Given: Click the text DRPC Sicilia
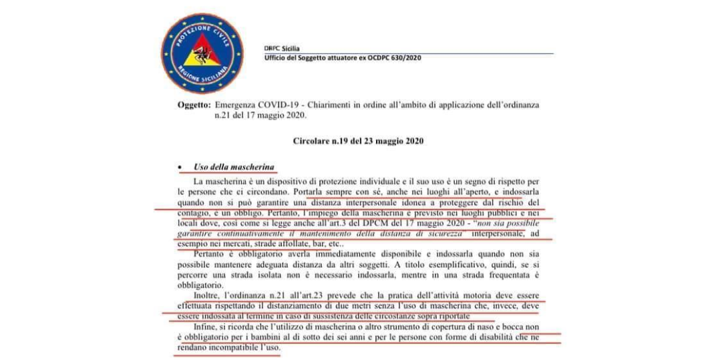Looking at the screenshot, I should (x=282, y=49).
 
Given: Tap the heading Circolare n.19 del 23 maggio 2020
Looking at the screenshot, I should (x=358, y=142).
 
